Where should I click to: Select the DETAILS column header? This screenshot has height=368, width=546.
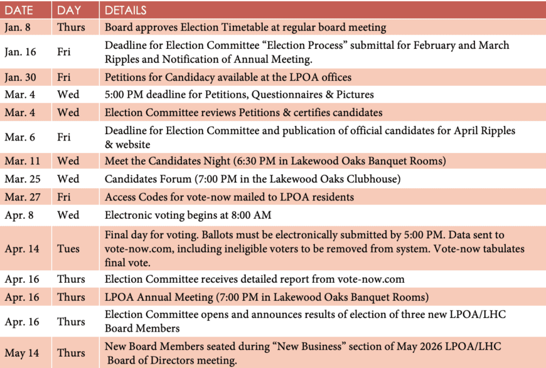click(x=126, y=11)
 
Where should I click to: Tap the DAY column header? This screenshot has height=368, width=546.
click(x=69, y=11)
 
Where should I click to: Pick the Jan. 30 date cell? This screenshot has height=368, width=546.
click(x=20, y=77)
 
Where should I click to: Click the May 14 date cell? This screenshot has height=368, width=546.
click(x=21, y=353)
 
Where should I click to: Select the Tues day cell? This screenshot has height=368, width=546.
click(x=68, y=249)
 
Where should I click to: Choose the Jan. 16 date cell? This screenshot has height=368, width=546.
click(x=20, y=52)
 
